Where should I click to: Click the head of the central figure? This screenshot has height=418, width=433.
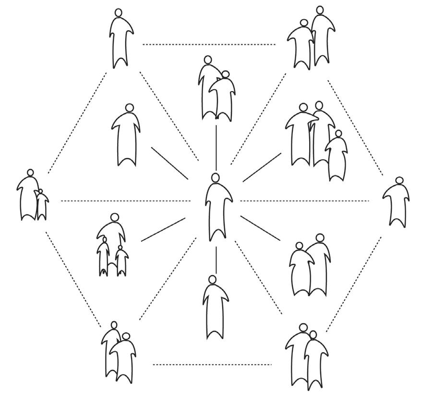(216, 178)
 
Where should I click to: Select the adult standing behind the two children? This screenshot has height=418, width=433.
(115, 230)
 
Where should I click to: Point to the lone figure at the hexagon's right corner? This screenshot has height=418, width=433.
(397, 202)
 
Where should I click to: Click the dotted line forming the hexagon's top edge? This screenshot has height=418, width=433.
(209, 45)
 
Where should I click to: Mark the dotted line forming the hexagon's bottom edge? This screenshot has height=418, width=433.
(212, 365)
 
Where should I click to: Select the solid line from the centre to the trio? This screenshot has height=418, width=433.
(262, 167)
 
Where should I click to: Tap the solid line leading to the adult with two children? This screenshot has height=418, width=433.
(163, 229)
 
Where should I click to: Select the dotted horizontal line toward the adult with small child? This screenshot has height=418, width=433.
(125, 201)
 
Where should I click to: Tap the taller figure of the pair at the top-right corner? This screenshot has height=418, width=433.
(322, 38)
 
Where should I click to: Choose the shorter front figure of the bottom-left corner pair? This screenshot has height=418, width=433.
(124, 358)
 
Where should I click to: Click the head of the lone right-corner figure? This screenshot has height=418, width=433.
(399, 180)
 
